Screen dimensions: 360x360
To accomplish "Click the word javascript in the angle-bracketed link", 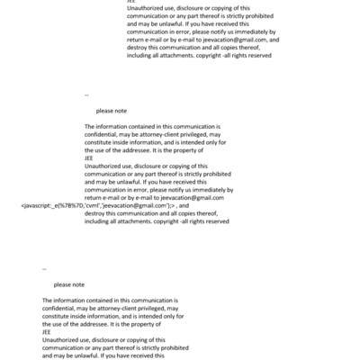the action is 40,205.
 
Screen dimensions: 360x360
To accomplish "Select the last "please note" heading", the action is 68,283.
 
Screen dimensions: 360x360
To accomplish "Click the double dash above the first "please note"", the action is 86,94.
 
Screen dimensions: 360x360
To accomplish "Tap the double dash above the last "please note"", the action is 44,267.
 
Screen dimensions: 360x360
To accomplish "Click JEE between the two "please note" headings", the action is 89,157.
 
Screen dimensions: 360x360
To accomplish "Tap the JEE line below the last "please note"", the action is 47,330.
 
